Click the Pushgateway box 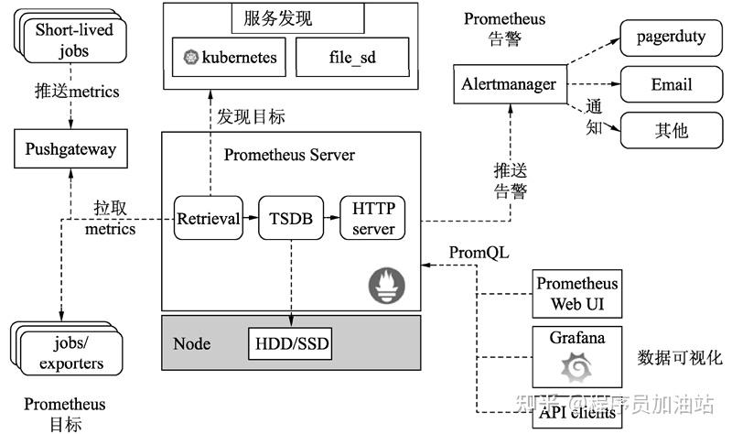pyautogui.click(x=71, y=148)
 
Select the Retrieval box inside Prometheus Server pyautogui.click(x=208, y=219)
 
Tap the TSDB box pyautogui.click(x=291, y=219)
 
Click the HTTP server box pyautogui.click(x=373, y=218)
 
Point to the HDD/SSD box pyautogui.click(x=290, y=344)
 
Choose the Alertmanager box pyautogui.click(x=508, y=84)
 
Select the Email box pyautogui.click(x=672, y=84)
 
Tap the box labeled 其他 pyautogui.click(x=672, y=130)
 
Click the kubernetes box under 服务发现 pyautogui.click(x=230, y=58)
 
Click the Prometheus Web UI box pyautogui.click(x=577, y=294)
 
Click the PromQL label pyautogui.click(x=479, y=252)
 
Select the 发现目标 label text pyautogui.click(x=251, y=117)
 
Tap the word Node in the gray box pyautogui.click(x=192, y=344)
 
